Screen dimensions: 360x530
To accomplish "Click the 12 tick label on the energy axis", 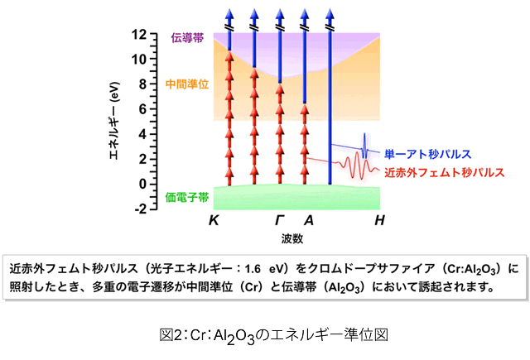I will coord(139,35).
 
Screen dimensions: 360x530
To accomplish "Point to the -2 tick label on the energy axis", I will coord(139,209).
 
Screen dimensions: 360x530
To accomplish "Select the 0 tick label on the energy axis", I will coord(142,184).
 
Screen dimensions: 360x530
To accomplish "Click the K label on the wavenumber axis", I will coord(214,222).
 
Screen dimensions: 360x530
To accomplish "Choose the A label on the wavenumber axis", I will coord(308,222).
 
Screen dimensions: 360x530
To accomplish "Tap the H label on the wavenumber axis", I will coord(379,222).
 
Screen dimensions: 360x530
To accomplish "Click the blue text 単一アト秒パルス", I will coord(427,154).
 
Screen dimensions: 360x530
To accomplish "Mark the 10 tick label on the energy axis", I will coord(139,60).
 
